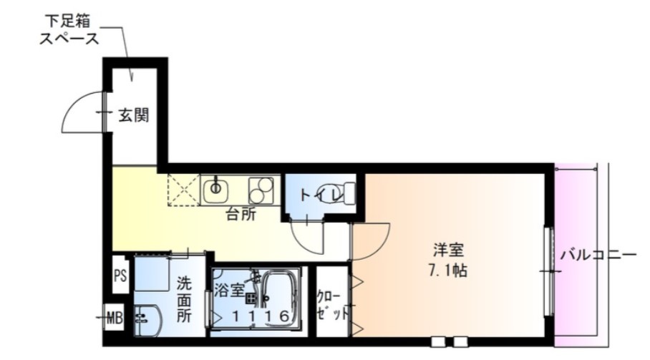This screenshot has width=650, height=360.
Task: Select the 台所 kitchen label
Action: pos(241,213)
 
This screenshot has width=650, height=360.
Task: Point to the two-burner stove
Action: pos(261,189)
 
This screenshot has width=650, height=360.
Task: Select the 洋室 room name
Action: pos(450,251)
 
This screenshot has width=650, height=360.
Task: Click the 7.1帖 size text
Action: pos(450,271)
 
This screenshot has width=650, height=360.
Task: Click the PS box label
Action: pos(120,276)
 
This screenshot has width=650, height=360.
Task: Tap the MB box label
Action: pos(114,316)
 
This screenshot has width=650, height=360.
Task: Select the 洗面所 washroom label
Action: pos(184,298)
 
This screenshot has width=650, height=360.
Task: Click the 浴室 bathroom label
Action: pos(228,290)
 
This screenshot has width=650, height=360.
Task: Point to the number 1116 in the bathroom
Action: pos(256,316)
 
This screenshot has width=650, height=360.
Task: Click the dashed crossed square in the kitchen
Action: pos(183,189)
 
